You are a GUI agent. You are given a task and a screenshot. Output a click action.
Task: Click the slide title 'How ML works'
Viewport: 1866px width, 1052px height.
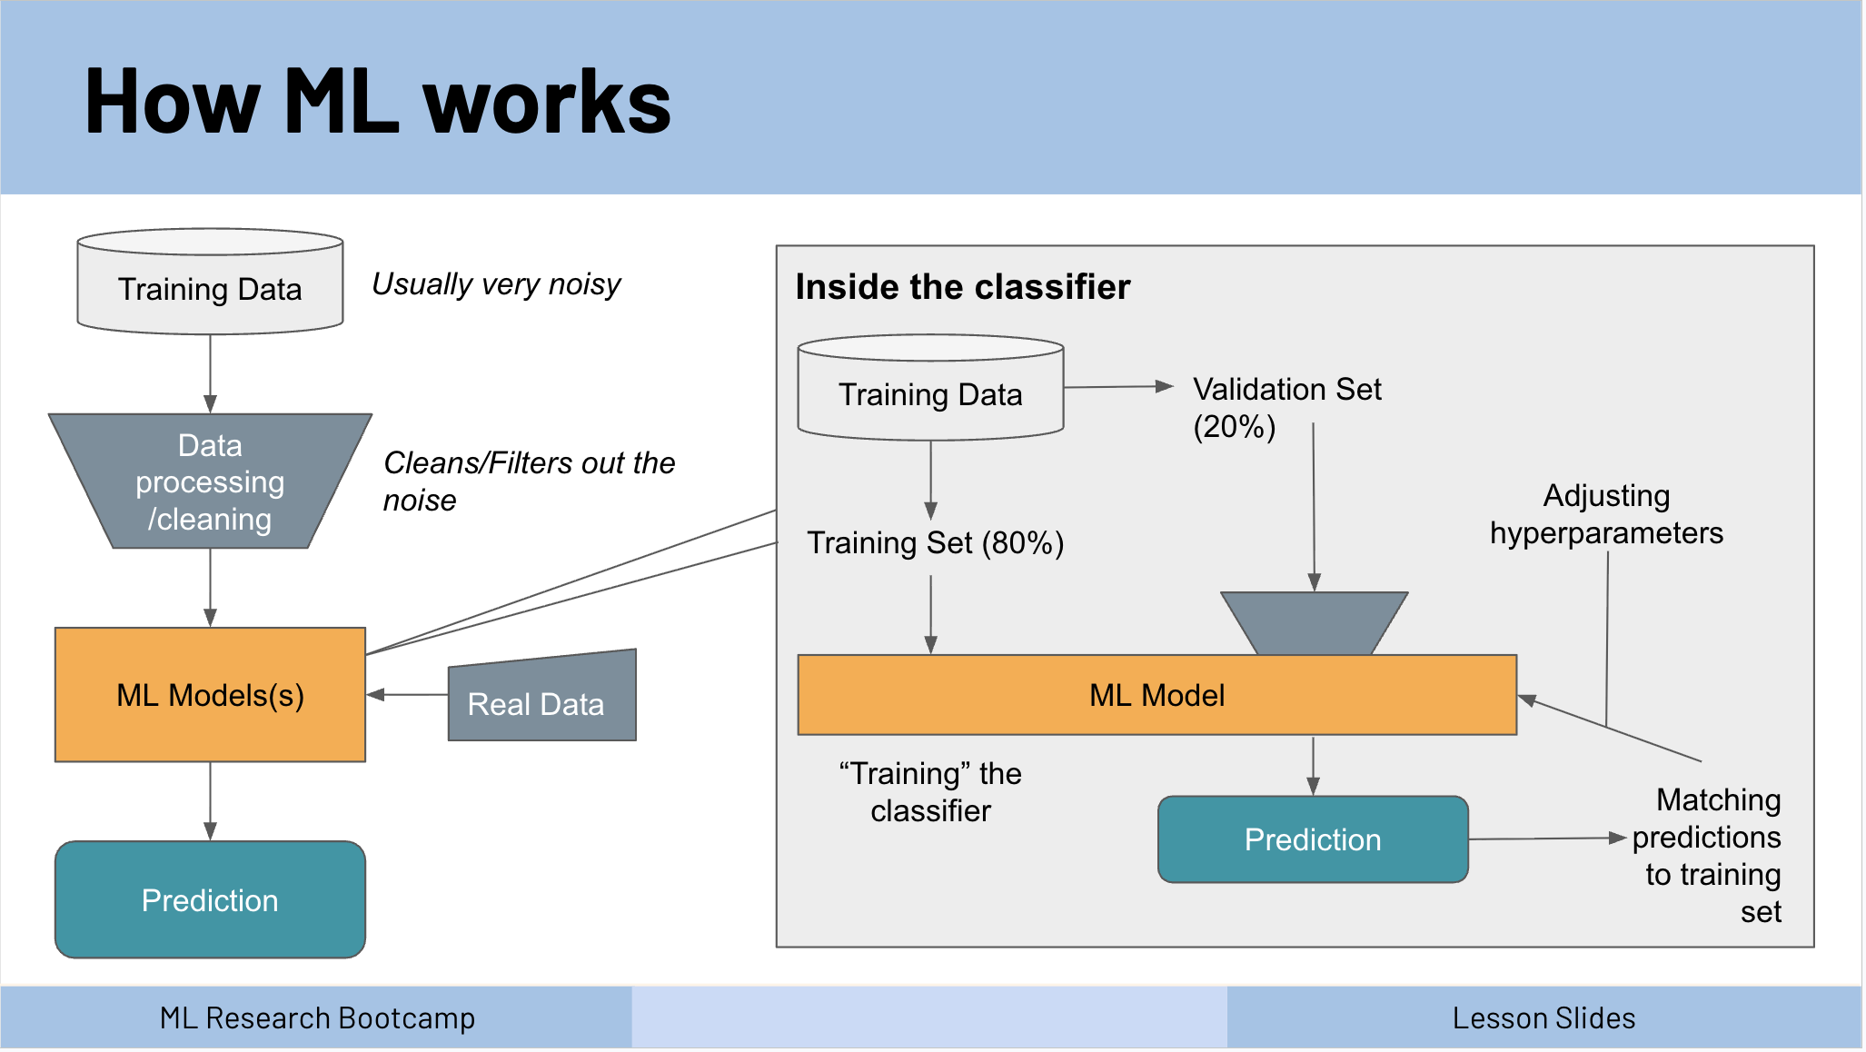tap(378, 102)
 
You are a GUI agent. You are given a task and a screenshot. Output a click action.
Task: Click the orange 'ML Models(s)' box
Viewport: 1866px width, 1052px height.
tap(210, 694)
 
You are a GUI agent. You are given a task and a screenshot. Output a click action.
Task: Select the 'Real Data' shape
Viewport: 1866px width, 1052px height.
tap(542, 696)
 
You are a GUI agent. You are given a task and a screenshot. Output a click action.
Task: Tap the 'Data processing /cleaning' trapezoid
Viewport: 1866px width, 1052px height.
tap(210, 481)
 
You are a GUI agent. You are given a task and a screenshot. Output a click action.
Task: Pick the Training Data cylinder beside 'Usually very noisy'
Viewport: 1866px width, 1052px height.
tap(210, 282)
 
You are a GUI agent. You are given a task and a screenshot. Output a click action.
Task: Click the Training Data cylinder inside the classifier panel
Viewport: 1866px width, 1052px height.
tap(930, 388)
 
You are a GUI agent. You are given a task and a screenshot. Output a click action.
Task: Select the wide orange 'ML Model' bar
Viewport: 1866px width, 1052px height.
tap(1156, 695)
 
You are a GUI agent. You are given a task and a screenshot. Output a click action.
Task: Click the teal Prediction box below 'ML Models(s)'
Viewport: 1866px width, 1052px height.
tap(210, 899)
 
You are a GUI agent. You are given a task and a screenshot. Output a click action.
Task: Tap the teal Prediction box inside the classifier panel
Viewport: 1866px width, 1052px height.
tap(1313, 839)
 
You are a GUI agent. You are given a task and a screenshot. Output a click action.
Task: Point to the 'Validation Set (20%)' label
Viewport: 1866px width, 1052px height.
tap(1287, 408)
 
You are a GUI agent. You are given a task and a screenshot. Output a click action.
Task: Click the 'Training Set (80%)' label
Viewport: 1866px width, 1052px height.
tap(936, 543)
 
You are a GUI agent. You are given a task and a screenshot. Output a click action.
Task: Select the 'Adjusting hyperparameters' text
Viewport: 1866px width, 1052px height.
tap(1606, 514)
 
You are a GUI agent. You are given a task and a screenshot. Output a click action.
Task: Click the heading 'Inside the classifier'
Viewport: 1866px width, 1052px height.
tap(963, 287)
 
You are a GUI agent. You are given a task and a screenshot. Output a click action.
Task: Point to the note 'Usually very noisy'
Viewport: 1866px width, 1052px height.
tap(496, 284)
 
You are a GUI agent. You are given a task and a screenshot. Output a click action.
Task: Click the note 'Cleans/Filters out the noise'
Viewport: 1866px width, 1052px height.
tap(529, 481)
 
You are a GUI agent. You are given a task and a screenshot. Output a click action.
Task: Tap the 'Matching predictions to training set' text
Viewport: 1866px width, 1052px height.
tap(1706, 855)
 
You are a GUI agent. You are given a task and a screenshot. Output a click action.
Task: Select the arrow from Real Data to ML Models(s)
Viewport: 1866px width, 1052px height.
tap(407, 695)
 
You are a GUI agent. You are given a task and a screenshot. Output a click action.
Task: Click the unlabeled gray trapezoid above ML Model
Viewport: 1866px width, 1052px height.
tap(1314, 623)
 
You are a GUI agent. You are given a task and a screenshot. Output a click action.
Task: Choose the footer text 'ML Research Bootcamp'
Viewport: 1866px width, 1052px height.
tap(317, 1018)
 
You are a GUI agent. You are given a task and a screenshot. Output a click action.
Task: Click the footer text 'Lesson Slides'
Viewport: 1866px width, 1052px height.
tap(1543, 1018)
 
